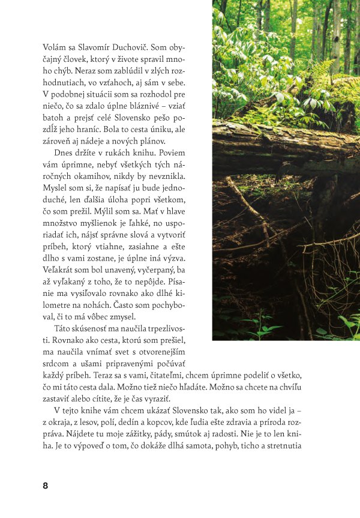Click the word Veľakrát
[59, 287]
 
